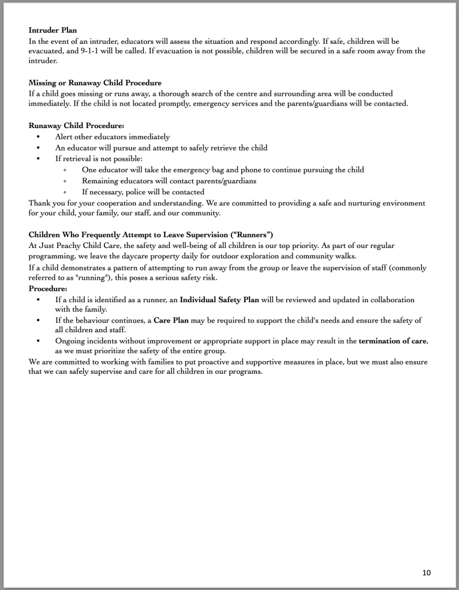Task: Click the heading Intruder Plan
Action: [53, 30]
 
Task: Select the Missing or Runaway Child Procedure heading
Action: [95, 83]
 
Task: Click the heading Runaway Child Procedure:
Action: [76, 125]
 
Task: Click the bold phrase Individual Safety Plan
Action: [219, 300]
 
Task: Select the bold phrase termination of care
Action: [393, 341]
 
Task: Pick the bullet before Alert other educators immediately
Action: [39, 137]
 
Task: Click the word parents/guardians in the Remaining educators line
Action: [222, 181]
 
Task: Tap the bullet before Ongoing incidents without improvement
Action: [39, 341]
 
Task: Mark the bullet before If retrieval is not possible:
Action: [39, 159]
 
